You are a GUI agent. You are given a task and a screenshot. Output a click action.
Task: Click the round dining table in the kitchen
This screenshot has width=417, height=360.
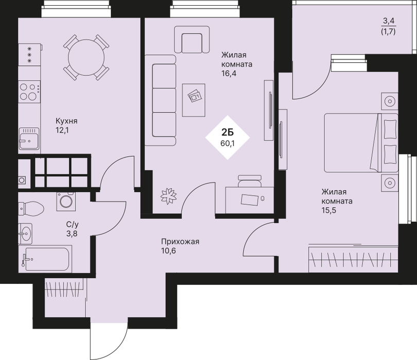pyautogui.click(x=86, y=58)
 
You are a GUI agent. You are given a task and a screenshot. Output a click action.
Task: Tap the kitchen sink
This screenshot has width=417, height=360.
pyautogui.click(x=29, y=138)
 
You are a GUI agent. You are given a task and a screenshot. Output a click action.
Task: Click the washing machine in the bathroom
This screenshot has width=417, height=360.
pyautogui.click(x=66, y=202)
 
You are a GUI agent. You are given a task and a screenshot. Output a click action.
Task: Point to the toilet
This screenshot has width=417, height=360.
pyautogui.click(x=31, y=209)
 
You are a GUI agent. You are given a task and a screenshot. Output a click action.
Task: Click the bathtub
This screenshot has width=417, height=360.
pyautogui.click(x=45, y=259)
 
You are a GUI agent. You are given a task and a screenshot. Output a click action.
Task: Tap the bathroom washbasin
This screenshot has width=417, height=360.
pyautogui.click(x=25, y=234)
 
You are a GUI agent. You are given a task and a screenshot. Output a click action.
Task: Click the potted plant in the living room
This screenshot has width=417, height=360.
pyautogui.click(x=169, y=196)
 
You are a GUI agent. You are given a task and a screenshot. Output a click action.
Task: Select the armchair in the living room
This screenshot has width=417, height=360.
pyautogui.click(x=192, y=39)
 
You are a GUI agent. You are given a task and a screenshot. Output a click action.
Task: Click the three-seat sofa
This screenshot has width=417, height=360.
pyautogui.click(x=160, y=100)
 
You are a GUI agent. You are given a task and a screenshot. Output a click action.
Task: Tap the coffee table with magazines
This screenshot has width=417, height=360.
pyautogui.click(x=194, y=100)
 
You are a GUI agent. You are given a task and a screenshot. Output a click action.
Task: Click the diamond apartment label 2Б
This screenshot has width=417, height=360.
pyautogui.click(x=228, y=137)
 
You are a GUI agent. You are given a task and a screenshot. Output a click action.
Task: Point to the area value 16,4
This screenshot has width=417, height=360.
pyautogui.click(x=229, y=74)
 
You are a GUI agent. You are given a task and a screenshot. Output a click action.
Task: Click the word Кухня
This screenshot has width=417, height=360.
pyautogui.click(x=66, y=121)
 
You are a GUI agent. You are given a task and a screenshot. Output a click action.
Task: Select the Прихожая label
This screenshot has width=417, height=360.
pyautogui.click(x=180, y=242)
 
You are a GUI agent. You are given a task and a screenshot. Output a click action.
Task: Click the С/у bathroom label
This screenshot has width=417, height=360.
pyautogui.click(x=73, y=225)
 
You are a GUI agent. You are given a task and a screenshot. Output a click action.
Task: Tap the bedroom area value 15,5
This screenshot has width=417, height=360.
pyautogui.click(x=328, y=210)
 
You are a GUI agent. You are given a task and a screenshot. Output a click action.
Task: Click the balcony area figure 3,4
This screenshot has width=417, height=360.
pyautogui.click(x=389, y=20)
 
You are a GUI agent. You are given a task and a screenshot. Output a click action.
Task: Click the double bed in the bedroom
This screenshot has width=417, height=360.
pyautogui.click(x=361, y=142)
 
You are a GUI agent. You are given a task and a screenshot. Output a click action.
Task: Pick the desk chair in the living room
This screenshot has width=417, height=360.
pyautogui.click(x=250, y=181)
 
